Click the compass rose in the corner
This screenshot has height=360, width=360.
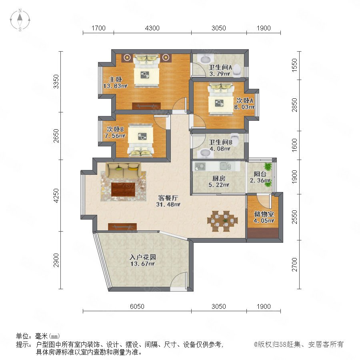(x=20, y=20)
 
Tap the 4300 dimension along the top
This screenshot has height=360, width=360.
(x=152, y=28)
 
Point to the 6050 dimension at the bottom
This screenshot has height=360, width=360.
(x=137, y=306)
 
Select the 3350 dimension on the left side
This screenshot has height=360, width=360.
(x=56, y=82)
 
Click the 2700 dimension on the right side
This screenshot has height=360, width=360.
(x=294, y=264)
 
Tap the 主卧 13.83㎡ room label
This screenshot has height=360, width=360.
(x=115, y=83)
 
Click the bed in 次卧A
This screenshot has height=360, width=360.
(x=221, y=98)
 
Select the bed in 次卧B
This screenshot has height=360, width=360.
(x=140, y=140)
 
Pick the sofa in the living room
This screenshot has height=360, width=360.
(x=123, y=170)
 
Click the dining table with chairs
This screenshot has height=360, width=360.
(x=222, y=221)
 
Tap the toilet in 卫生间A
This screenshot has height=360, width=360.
(x=237, y=70)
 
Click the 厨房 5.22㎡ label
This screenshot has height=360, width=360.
(x=219, y=181)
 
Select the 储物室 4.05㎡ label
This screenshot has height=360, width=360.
(x=264, y=217)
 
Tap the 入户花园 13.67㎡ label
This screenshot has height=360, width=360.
(x=142, y=260)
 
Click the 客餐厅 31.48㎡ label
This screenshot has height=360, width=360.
(x=168, y=201)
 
